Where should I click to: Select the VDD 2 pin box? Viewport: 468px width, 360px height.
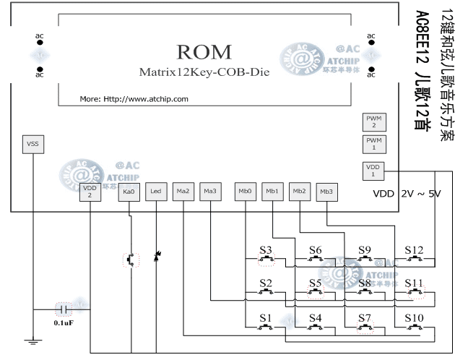click(90, 191)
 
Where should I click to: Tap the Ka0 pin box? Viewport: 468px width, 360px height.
click(129, 191)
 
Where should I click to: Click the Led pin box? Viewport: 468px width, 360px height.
click(155, 191)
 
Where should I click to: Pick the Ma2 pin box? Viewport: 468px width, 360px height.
click(183, 191)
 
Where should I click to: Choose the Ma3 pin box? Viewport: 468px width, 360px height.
click(210, 191)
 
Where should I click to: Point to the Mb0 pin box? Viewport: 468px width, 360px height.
click(246, 191)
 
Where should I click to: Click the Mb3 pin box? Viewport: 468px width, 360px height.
click(327, 191)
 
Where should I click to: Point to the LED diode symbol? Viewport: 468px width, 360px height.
click(156, 258)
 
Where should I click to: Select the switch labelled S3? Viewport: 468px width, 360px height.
click(267, 258)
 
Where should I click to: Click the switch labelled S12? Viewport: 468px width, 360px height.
click(415, 258)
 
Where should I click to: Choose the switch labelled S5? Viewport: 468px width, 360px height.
click(316, 292)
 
